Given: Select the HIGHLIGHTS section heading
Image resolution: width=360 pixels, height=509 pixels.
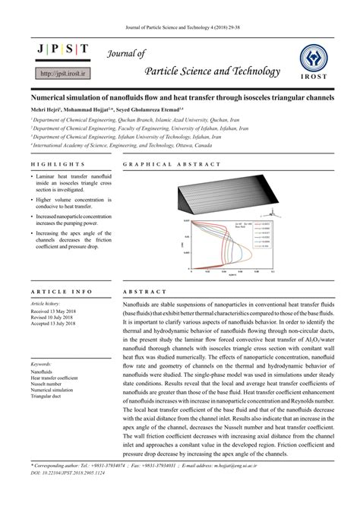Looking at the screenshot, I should click(58, 164).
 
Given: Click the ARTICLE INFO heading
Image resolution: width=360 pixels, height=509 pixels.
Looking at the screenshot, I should click(62, 292).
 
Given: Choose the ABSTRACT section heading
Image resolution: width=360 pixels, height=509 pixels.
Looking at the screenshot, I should click(144, 292).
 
